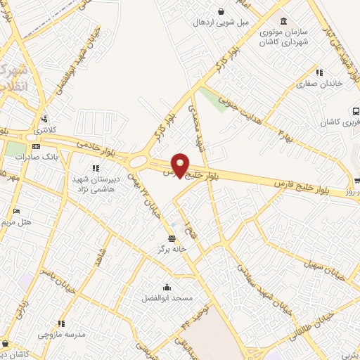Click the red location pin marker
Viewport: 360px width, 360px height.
click(x=181, y=165)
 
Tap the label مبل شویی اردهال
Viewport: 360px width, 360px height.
click(x=222, y=22)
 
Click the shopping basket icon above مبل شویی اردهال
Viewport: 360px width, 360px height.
click(x=222, y=11)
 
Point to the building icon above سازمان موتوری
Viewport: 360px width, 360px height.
click(x=283, y=20)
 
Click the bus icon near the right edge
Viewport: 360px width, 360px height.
click(x=356, y=110)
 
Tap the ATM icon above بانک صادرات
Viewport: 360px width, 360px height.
click(x=36, y=146)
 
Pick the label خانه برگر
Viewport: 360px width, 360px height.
click(x=172, y=249)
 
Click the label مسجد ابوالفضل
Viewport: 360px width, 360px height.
click(x=167, y=298)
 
